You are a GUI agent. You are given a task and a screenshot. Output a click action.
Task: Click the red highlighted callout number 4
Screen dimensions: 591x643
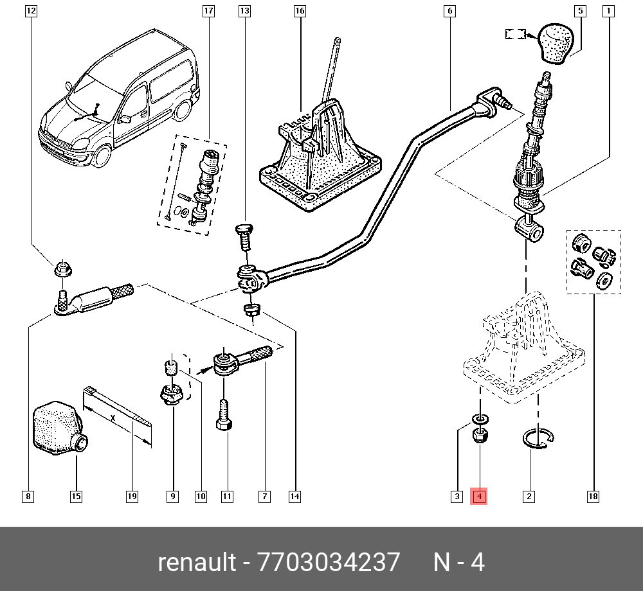480,496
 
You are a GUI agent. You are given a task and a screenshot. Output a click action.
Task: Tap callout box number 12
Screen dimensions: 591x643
32,11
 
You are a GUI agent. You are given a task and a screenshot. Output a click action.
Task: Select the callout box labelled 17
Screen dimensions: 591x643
208,11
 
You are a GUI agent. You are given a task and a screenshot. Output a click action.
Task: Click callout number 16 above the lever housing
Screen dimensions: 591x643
300,11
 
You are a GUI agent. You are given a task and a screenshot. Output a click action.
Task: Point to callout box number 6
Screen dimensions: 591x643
449,11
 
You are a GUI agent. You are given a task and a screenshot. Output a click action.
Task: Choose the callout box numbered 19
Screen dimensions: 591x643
132,496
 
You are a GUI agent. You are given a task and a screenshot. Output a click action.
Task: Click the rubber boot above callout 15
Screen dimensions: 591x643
57,427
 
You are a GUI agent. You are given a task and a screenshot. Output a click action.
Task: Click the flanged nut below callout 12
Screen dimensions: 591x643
62,269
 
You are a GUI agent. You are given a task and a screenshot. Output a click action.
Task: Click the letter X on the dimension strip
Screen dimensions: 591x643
113,417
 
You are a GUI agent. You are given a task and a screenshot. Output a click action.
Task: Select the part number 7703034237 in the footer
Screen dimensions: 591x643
328,562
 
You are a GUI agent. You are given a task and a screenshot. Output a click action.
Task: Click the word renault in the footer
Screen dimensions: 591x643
197,562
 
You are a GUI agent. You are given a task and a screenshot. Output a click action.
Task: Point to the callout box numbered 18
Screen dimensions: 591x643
593,496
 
